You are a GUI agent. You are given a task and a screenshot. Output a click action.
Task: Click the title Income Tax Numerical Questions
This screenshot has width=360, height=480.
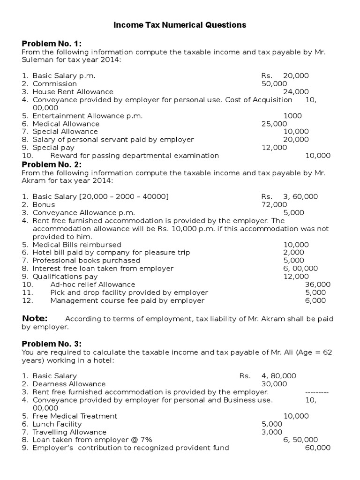[x=180, y=25]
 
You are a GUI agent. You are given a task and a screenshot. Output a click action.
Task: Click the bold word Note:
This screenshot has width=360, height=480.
[x=35, y=319]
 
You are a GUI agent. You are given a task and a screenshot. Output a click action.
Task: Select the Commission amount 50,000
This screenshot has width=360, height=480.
[x=274, y=83]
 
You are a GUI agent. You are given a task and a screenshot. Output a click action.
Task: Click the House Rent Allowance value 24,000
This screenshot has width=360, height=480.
[x=296, y=91]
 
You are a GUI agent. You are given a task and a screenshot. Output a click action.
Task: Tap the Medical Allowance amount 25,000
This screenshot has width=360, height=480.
[x=274, y=124]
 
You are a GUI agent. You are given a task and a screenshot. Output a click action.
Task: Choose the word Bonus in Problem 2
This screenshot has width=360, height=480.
[x=44, y=204]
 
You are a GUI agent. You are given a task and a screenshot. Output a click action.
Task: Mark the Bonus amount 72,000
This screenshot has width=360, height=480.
[x=274, y=204]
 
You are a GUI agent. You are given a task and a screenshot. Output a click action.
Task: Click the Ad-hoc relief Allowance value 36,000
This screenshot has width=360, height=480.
[x=318, y=284]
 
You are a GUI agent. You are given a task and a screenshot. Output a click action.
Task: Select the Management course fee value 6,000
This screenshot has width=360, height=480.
[x=315, y=300]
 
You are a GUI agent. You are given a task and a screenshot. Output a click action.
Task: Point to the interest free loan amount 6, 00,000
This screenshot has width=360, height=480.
[x=300, y=268]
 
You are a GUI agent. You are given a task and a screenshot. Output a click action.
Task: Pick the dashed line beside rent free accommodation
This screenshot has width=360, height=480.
[x=317, y=392]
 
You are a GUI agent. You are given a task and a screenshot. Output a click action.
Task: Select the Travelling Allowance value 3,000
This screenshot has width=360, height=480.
[x=272, y=432]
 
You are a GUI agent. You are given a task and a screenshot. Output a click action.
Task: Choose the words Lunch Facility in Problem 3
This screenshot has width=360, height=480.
[x=57, y=424]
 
